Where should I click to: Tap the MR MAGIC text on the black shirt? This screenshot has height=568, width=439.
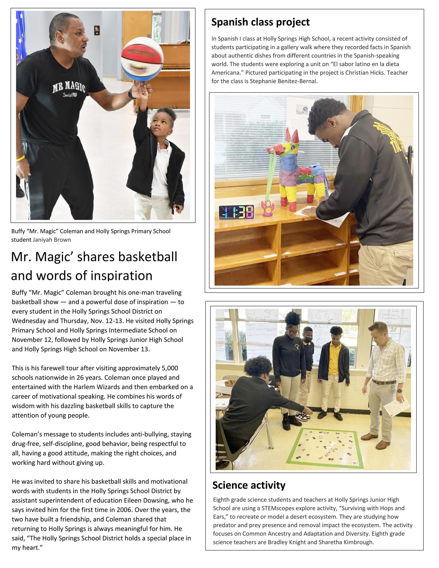tap(69, 87)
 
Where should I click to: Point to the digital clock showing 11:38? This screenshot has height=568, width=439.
tap(236, 212)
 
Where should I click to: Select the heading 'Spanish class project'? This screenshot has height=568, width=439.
tap(260, 22)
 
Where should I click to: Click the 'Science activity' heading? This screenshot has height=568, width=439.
tap(249, 485)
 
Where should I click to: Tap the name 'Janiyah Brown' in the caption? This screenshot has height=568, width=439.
tap(52, 240)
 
